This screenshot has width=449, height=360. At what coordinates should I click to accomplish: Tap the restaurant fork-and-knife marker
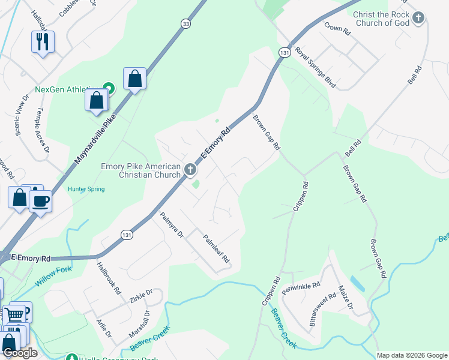point(43,42)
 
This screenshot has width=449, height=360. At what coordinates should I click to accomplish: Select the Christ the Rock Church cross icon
point(418,18)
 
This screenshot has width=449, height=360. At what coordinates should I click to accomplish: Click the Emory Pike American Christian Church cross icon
point(190,170)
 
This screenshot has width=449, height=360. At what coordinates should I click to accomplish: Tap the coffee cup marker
point(40,200)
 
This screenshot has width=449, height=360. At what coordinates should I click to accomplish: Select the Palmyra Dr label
point(171,226)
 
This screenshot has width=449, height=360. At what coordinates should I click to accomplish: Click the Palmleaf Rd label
point(216,248)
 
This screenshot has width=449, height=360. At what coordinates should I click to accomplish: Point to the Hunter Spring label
point(86,189)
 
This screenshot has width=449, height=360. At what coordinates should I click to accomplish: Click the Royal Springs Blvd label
point(315,67)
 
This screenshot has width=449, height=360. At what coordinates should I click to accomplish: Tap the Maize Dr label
point(345,298)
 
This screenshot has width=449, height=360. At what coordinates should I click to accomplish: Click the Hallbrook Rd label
point(109,279)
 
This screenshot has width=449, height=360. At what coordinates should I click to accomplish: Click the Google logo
point(20,353)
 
